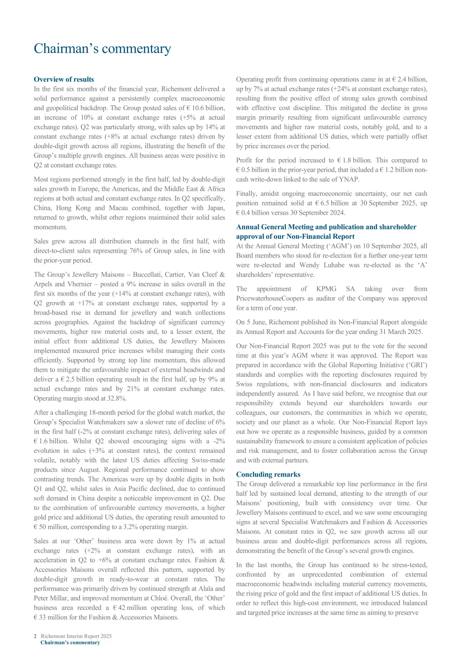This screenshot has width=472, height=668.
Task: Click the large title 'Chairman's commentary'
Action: click(102, 49)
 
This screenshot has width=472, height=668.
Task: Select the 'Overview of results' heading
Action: click(64, 79)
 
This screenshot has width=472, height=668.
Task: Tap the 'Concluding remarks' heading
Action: click(268, 474)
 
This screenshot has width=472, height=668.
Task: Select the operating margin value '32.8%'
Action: click(117, 398)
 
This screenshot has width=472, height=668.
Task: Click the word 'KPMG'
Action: click(326, 289)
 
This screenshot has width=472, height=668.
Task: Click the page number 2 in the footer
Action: click(35, 636)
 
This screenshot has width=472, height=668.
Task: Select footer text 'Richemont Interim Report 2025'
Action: click(76, 636)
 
